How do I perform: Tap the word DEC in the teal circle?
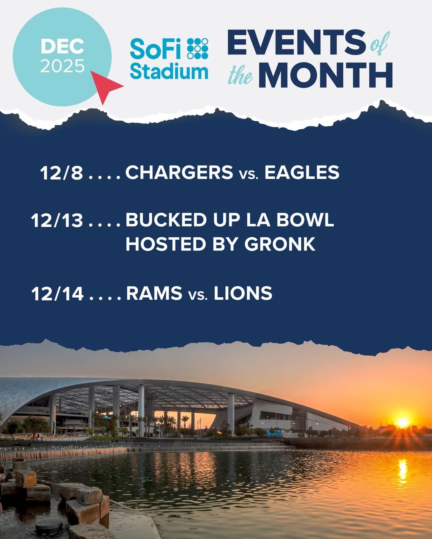62,46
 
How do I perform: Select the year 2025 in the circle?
62,66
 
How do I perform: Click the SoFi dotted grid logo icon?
198,48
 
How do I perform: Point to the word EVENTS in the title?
296,42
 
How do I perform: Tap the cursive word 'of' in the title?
380,44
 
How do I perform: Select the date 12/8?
61,172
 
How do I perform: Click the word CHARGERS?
179,172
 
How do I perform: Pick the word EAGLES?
302,172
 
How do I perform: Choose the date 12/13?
57,220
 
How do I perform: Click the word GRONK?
280,244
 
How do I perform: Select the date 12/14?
57,294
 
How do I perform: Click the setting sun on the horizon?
403,423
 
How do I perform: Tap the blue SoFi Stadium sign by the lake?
282,434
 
